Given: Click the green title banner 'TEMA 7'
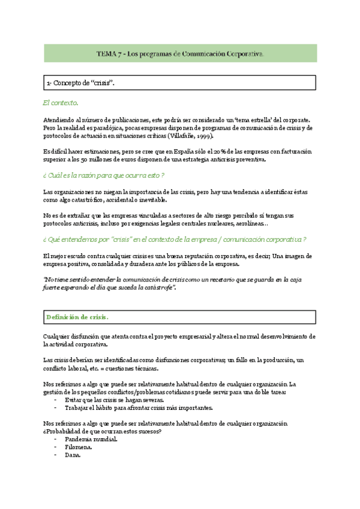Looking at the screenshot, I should tap(180, 53).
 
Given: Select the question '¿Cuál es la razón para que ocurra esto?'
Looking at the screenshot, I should tap(104, 175).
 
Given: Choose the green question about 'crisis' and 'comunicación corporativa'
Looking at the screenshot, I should tap(175, 239).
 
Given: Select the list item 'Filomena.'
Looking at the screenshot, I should tap(78, 447).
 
